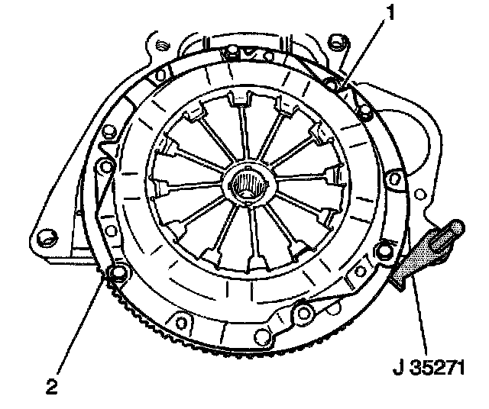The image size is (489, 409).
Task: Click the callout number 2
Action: pos(52,387)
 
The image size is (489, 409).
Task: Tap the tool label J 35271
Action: pos(429,368)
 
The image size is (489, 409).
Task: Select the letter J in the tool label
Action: pos(398,368)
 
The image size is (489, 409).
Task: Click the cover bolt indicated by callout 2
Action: pos(118,274)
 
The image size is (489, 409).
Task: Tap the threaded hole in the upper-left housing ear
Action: pos(163,46)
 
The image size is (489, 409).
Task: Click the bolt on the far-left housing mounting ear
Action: pos(47,239)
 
